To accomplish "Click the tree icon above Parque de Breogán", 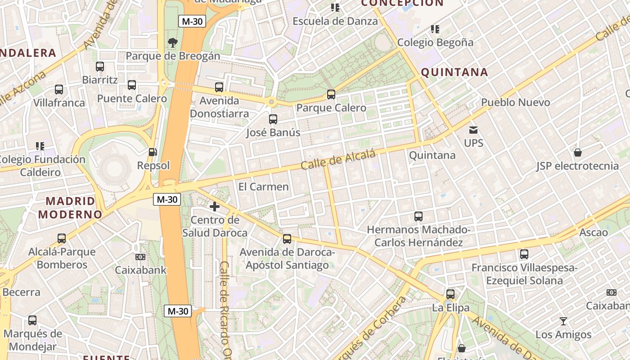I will click(172, 43).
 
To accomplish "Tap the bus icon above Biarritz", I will click(100, 67).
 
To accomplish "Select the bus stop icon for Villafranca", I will click(59, 90).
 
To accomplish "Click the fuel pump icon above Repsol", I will click(153, 152).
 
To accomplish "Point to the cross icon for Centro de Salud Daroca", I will click(215, 207).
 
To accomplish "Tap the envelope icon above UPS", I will click(473, 130).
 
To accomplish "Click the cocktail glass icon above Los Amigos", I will click(563, 321).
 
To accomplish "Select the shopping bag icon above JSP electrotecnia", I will click(578, 153).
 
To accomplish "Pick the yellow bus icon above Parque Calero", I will click(331, 94).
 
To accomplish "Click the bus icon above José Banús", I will click(273, 119).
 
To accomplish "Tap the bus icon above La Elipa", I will click(450, 294).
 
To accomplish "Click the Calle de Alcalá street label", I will click(338, 160).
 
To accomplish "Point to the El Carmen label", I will click(263, 187).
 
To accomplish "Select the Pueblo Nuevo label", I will click(516, 102).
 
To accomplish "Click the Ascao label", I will click(594, 233).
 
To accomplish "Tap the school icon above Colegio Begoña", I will click(435, 29).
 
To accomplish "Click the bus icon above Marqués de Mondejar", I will click(32, 320).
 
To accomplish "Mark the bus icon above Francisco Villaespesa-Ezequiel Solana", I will click(524, 254).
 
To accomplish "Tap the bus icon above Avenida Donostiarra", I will click(219, 87).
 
